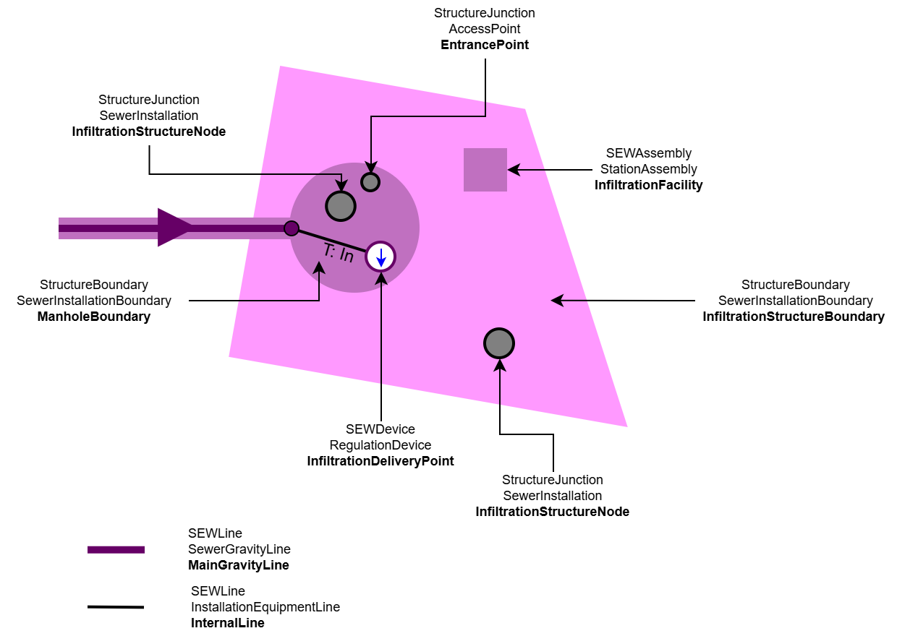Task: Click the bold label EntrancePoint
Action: click(485, 45)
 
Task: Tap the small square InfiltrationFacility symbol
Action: click(485, 170)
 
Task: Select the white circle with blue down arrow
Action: click(380, 256)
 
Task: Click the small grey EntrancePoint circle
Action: click(370, 181)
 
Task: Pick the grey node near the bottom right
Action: click(499, 343)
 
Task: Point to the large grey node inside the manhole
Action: click(341, 206)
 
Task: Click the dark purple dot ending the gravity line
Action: click(292, 228)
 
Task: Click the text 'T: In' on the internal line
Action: click(338, 253)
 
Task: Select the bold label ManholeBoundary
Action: click(94, 317)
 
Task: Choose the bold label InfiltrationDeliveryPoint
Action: click(381, 461)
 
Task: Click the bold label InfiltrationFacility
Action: click(649, 185)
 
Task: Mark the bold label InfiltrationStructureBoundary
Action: click(794, 317)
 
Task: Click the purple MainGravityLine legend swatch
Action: click(116, 550)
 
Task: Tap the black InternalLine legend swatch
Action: click(116, 607)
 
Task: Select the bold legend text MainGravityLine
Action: click(239, 565)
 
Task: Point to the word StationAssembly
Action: click(649, 169)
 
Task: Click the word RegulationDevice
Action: click(381, 445)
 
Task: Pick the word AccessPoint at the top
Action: click(485, 29)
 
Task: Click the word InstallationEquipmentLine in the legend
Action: click(265, 607)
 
